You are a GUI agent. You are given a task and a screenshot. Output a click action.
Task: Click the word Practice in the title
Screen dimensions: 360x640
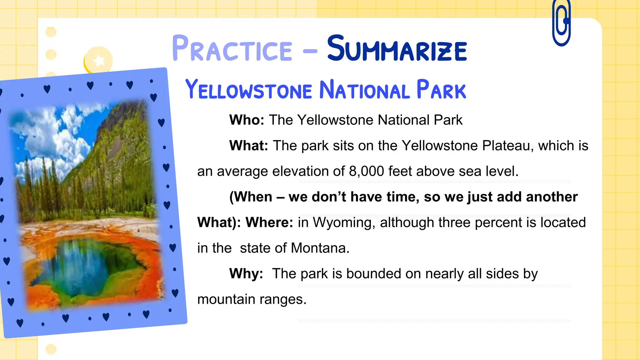click(x=232, y=49)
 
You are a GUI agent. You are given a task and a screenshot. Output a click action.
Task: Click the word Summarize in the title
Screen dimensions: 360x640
click(x=397, y=49)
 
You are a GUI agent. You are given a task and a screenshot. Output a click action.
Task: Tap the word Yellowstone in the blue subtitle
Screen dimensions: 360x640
click(x=249, y=90)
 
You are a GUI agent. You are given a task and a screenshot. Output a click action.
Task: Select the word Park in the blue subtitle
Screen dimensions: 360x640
click(x=441, y=90)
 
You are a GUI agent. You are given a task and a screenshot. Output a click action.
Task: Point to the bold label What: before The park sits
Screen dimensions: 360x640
click(x=249, y=146)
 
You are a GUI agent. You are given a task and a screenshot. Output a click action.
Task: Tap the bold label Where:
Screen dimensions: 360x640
click(x=269, y=222)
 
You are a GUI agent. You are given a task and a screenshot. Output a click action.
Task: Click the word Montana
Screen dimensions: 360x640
click(x=320, y=248)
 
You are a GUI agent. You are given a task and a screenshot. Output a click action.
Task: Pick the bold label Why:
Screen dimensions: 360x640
click(x=246, y=274)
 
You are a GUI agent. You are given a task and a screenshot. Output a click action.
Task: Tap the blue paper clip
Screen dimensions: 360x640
click(x=561, y=23)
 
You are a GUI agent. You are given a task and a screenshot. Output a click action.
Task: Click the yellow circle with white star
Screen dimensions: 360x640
click(x=98, y=60)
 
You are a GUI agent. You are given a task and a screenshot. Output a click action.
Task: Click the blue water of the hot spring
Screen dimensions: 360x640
click(x=78, y=266)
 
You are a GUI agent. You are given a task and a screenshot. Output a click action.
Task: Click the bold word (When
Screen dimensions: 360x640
click(x=251, y=197)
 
